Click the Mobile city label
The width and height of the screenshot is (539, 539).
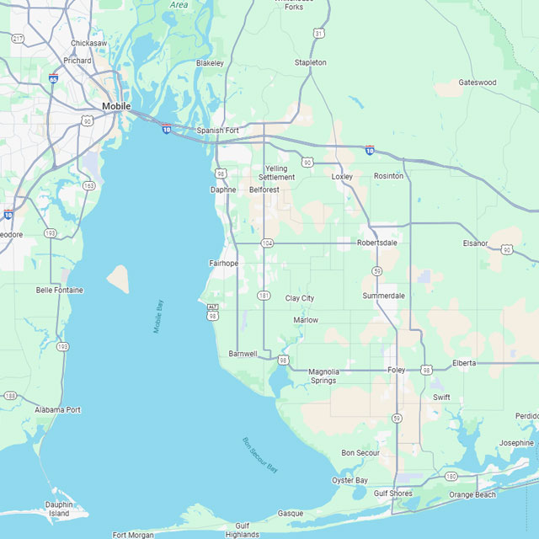coord(116,106)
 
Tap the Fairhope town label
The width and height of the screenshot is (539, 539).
coord(224,264)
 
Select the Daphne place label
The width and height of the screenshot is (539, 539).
coord(223,189)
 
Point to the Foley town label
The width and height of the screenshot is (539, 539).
coord(396,370)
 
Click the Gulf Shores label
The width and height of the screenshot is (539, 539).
coord(392,494)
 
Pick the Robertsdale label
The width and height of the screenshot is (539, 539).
coord(376,243)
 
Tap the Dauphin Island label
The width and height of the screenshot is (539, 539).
coord(58,509)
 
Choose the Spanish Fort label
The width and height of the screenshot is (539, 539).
coord(218,131)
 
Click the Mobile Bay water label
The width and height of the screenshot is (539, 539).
coord(158,317)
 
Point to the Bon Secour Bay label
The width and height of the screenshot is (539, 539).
coord(259,455)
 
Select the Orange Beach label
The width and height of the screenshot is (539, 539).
coord(472,495)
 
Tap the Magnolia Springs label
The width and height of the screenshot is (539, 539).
coord(323,376)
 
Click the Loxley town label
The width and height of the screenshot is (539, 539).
coord(342,177)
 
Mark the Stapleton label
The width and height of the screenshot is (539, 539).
coord(310,62)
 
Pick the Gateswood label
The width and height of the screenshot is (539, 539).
coord(478,83)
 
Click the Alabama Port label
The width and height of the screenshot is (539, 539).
coord(58,410)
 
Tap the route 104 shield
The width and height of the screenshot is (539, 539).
coord(267,243)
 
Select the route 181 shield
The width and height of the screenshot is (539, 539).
coord(264,296)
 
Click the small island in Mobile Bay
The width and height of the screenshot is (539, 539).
coord(118,279)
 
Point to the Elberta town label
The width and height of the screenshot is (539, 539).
coord(464,363)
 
